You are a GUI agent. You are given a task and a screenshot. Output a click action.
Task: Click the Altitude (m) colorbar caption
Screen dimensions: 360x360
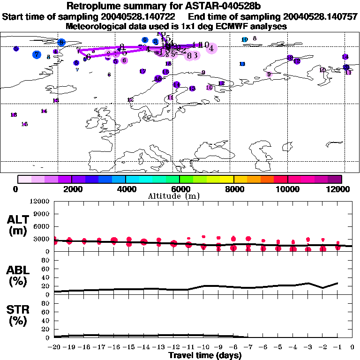(x=180, y=196)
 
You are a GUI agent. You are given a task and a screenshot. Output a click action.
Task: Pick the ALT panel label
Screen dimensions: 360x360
(x=18, y=219)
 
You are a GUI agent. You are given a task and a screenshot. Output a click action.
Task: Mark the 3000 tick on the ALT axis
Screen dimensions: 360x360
(x=42, y=239)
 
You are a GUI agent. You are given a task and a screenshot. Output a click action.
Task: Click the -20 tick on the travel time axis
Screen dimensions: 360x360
(x=54, y=347)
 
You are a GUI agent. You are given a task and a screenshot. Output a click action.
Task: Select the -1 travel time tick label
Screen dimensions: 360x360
(x=337, y=347)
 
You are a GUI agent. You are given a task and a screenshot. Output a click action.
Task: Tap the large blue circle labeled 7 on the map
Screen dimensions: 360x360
(x=37, y=54)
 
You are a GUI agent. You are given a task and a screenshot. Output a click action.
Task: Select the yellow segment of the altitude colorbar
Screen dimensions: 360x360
(x=227, y=179)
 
